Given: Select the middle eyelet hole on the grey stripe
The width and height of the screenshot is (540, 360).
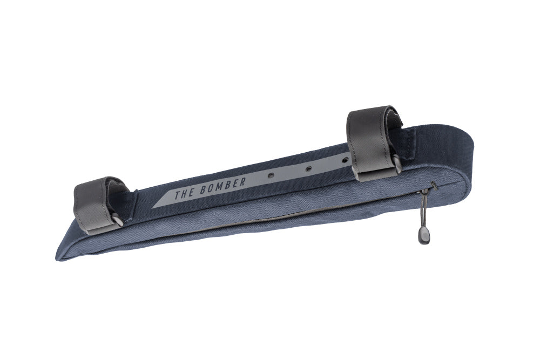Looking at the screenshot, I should pos(308,168).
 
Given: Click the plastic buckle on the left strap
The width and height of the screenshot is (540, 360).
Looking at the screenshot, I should pos(117,219).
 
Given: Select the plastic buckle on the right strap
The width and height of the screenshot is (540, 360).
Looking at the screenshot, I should pos(396,162).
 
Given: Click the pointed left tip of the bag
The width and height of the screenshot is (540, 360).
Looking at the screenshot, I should pos(58,255).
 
